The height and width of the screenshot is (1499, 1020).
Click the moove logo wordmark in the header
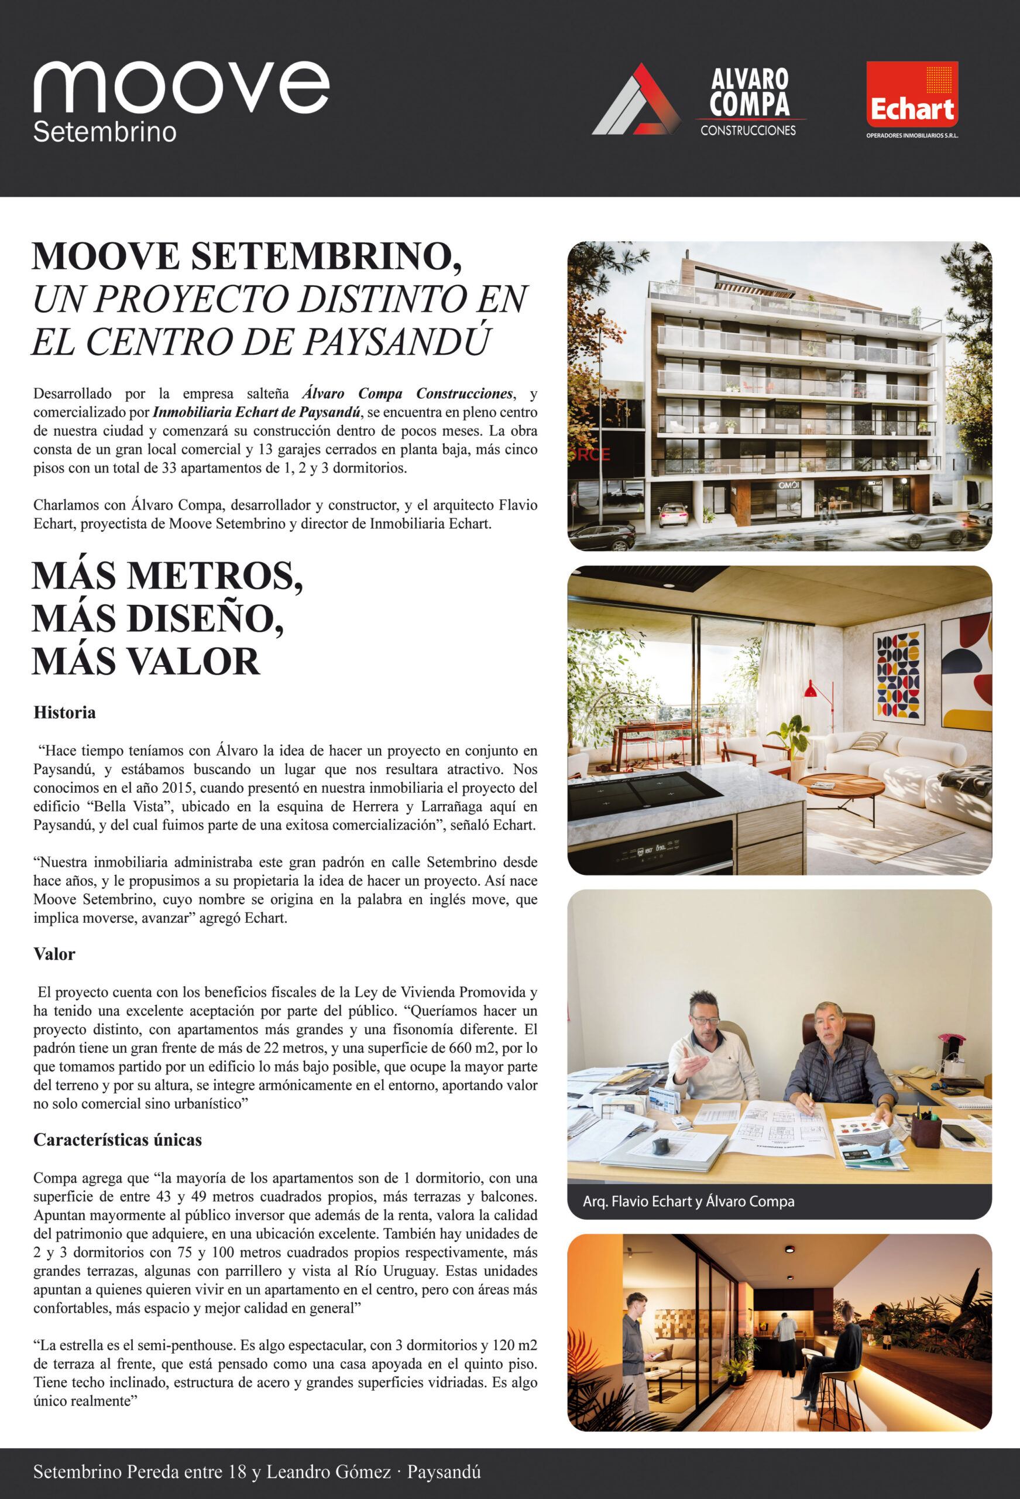[x=181, y=88]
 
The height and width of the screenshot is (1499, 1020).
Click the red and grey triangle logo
[x=636, y=100]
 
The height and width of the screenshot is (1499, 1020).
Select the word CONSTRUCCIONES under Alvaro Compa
[x=748, y=131]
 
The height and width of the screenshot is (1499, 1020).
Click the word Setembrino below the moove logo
[x=104, y=132]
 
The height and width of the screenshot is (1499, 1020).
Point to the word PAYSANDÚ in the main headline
[x=397, y=341]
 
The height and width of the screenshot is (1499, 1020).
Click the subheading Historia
[x=64, y=712]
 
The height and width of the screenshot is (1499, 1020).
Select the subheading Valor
[x=54, y=954]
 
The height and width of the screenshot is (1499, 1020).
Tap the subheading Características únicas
[x=118, y=1139]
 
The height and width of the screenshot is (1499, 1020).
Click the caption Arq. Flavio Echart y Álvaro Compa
[x=689, y=1201]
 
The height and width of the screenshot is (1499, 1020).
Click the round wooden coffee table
[x=841, y=785]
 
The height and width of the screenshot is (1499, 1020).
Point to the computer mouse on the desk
[x=660, y=1145]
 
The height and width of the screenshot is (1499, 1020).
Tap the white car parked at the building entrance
[x=672, y=514]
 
